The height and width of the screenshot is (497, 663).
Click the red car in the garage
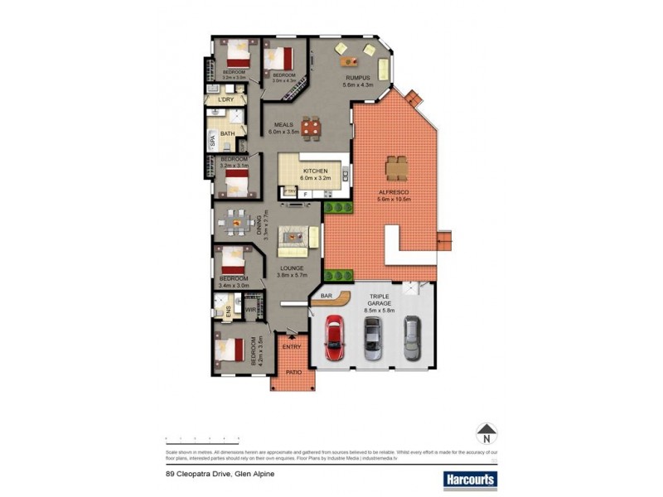click(333, 337)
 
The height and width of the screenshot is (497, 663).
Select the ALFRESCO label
click(394, 195)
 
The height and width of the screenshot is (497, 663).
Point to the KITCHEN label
click(316, 172)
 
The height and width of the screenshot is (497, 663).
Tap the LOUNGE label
click(292, 268)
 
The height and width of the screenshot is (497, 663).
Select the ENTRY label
click(291, 347)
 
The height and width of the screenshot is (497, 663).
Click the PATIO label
click(293, 374)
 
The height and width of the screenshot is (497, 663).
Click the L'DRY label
click(226, 99)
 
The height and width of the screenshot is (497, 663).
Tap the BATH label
click(227, 133)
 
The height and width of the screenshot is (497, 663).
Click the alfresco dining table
click(396, 166)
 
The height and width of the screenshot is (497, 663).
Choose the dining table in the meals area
click(310, 127)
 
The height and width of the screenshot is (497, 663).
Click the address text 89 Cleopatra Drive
click(220, 474)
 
